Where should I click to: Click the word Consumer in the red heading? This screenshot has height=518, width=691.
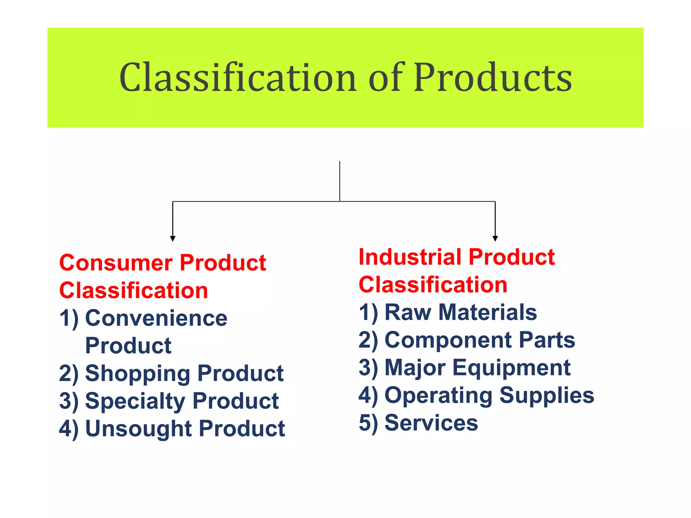point(116,263)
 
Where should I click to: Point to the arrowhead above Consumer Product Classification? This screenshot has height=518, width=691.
point(173,238)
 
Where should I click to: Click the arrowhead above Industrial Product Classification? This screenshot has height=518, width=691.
point(495,238)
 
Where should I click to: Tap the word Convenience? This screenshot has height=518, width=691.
point(156,318)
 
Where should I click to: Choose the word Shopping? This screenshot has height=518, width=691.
point(138,374)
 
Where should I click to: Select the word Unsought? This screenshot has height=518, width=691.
point(139,429)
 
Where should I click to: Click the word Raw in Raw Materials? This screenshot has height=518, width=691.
point(408,312)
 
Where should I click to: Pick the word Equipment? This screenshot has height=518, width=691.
point(511,368)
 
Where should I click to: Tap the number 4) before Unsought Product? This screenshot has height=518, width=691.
point(69,429)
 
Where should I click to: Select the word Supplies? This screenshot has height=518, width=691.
point(547,395)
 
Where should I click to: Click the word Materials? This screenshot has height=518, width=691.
point(488,312)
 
